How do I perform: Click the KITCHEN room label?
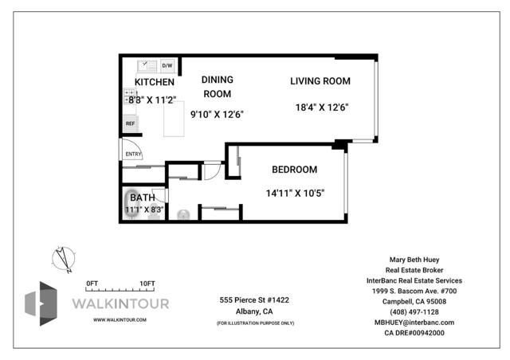155,82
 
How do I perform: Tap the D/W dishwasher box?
167,65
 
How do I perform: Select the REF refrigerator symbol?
130,123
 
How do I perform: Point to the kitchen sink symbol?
147,66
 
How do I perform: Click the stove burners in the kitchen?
130,96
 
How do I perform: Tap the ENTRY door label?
133,155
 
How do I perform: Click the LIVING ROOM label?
320,81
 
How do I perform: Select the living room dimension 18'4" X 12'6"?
322,108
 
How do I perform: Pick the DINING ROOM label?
218,87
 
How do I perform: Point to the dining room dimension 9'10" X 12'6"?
217,115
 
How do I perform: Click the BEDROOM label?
295,170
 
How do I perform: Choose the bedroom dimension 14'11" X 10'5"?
296,194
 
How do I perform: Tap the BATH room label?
143,198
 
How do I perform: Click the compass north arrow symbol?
64,259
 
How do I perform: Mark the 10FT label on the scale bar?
147,284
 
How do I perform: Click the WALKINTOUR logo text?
120,304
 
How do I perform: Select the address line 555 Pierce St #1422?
254,299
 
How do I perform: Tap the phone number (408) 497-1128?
414,312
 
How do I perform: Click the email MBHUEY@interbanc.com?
414,323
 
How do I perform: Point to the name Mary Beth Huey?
414,260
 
